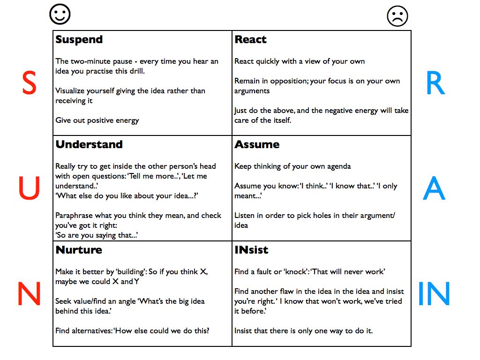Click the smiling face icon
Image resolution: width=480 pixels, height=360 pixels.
60,15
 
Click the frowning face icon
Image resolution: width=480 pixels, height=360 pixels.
397,17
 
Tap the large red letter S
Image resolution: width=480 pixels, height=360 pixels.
29,84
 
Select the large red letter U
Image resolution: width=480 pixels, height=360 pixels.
29,189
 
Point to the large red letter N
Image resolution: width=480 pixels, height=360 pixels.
29,294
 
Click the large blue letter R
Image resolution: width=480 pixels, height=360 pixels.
434,84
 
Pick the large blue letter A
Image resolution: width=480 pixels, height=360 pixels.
434,189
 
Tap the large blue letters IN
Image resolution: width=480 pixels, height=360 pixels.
434,294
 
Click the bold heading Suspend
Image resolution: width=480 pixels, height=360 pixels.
79,40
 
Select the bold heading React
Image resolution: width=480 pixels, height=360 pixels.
250,40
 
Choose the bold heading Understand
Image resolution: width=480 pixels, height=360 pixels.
89,144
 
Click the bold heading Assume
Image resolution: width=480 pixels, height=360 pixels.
257,144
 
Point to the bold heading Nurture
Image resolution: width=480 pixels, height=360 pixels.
79,250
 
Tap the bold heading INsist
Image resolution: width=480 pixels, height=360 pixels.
251,250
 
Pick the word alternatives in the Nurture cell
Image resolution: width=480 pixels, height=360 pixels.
91,330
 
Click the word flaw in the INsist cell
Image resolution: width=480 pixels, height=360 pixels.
297,292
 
